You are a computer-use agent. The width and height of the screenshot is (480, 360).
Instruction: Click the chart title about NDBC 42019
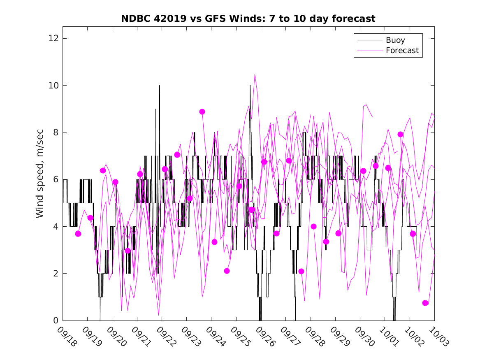248,19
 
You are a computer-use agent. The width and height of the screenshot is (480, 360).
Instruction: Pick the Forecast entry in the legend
402,51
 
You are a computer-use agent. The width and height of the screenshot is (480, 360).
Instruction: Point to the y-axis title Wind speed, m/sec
39,179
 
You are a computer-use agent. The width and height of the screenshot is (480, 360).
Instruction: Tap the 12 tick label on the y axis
52,39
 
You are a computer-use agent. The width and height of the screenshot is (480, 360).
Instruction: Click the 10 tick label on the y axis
52,86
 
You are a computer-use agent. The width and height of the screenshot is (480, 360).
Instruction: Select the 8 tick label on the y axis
55,132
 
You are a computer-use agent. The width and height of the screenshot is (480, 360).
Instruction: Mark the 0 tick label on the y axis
55,321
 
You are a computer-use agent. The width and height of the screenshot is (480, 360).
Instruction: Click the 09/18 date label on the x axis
67,337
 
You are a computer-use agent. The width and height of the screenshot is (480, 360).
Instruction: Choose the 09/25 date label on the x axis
240,337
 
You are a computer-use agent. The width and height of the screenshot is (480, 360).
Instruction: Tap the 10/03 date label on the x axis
438,337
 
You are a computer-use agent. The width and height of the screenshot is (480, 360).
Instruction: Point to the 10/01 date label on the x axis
389,337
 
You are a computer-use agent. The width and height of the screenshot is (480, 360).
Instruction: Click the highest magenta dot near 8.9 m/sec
202,111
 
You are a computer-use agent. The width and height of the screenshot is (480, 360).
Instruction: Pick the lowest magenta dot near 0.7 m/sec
425,303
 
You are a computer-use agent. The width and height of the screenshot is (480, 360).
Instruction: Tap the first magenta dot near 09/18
78,234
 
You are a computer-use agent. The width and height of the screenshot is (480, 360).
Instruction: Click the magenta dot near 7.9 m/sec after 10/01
401,135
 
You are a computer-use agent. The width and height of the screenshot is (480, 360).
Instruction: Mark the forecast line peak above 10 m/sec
255,74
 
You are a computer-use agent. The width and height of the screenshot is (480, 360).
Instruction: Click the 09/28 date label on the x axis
314,337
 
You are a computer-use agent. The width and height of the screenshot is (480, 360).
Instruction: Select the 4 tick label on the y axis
55,227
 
